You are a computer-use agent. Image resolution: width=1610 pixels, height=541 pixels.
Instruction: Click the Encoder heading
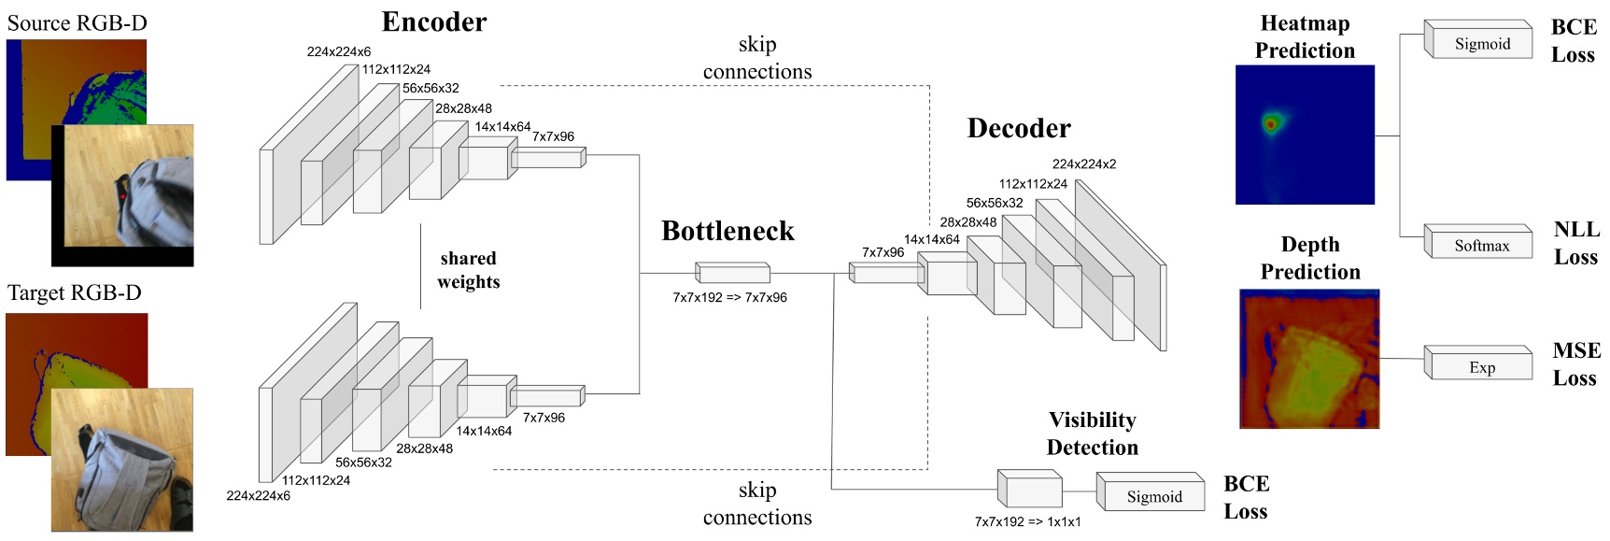pos(434,21)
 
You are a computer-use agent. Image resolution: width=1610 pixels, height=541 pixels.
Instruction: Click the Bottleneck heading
pos(727,231)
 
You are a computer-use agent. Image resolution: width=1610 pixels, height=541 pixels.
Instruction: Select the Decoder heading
pos(1019,128)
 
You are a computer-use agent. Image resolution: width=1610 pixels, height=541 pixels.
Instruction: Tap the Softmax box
pos(1481,246)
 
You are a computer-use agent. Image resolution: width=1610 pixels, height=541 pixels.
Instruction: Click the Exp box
pos(1481,367)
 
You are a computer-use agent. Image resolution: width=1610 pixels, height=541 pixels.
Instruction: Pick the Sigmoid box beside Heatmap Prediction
pos(1481,44)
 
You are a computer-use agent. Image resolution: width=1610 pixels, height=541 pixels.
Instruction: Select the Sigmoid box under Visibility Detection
pos(1153,497)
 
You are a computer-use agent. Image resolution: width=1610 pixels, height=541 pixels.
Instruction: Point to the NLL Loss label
pos(1576,243)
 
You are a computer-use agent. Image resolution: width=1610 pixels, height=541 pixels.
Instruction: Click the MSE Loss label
pos(1576,363)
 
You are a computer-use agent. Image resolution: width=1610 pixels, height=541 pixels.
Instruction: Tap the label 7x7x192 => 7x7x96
pos(729,297)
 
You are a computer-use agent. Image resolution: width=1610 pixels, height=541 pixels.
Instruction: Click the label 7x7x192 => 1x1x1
pos(1027,521)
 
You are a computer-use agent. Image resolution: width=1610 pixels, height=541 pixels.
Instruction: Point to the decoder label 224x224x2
pos(1083,164)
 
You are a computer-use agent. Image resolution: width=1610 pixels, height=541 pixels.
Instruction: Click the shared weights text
pos(468,270)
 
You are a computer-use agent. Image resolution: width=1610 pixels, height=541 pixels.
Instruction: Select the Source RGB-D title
pos(77,22)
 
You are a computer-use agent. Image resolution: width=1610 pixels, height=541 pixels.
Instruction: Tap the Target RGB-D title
pos(75,292)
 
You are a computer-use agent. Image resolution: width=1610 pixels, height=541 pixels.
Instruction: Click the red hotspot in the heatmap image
pos(1270,122)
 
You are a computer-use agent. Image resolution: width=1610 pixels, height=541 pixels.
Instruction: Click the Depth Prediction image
pos(1308,359)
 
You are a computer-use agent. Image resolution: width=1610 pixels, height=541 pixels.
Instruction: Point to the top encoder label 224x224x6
pos(338,51)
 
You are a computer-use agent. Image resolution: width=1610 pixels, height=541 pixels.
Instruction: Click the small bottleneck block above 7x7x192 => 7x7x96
pos(733,273)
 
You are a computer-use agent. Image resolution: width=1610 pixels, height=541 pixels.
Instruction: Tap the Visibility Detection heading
pos(1092,433)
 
